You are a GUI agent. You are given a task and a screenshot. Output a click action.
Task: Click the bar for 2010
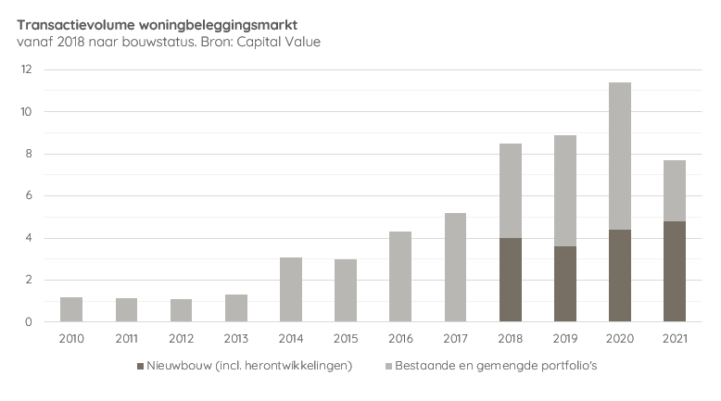coord(72,309)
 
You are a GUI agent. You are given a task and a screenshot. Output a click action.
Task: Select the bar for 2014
coord(291,289)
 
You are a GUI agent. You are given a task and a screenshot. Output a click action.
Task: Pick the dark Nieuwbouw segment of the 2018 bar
coord(510,280)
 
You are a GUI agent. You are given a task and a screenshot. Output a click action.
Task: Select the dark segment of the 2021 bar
coord(674,271)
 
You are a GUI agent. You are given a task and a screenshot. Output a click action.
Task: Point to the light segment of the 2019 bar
coord(564,191)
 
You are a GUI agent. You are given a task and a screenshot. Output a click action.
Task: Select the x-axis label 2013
coord(236,339)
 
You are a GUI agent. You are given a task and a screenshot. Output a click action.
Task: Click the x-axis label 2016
coord(400,339)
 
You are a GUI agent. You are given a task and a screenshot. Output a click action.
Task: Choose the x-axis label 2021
coord(674,339)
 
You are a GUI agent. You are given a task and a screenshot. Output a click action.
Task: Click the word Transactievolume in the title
coord(70,25)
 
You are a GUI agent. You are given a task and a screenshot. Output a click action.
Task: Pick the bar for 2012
coord(182,310)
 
